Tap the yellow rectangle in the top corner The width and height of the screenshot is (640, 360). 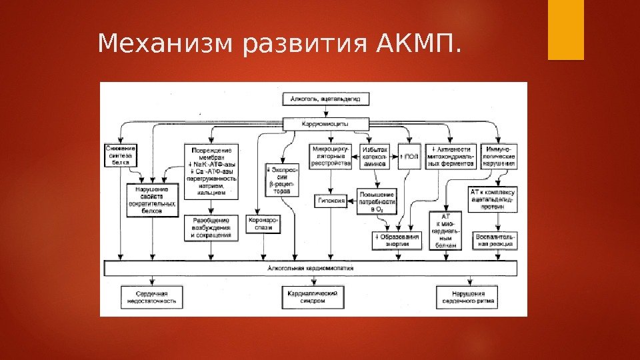coord(565,30)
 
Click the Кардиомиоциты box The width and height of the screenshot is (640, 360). coord(325,124)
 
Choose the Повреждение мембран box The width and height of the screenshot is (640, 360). coord(211,170)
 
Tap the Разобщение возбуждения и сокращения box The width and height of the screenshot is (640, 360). coord(211,227)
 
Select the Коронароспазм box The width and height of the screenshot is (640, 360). coord(263,224)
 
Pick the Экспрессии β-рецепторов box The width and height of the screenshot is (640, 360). coord(282,179)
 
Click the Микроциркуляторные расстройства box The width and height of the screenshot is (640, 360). coord(331,156)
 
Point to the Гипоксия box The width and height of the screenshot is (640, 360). coord(331,201)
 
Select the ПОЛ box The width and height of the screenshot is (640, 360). coord(409,156)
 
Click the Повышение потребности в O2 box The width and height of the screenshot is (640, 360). coord(377,201)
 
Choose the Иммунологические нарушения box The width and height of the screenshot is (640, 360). coord(499,156)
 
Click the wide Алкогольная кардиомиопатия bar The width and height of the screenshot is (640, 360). coord(311,268)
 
